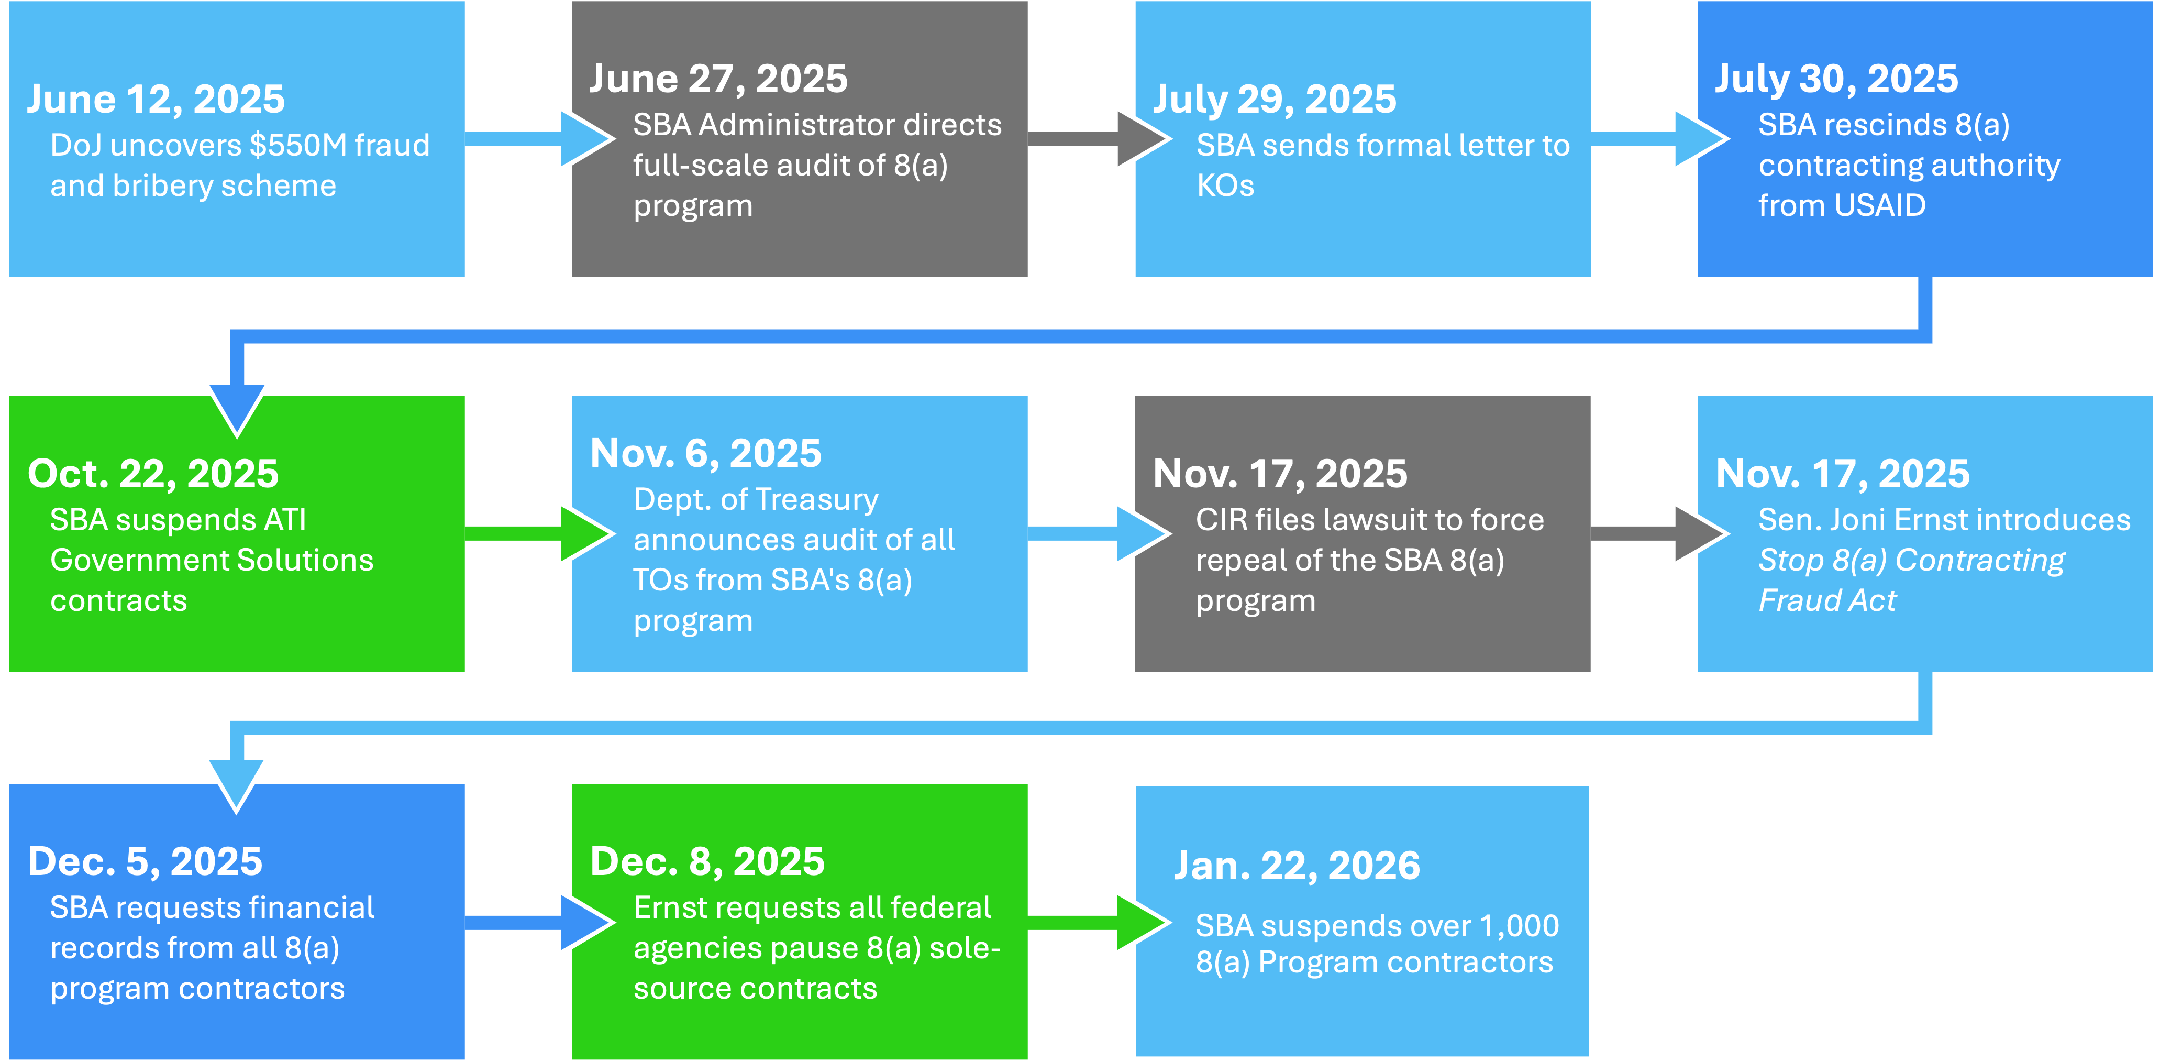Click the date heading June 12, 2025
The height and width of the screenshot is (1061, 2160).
(x=156, y=99)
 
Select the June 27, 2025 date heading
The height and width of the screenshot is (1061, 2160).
(x=718, y=79)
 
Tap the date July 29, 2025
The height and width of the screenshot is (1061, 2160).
(x=1275, y=99)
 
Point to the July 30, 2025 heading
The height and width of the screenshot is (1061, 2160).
(x=1836, y=79)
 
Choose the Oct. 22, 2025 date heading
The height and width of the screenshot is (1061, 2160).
(x=153, y=474)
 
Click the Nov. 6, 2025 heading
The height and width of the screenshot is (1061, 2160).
(x=706, y=454)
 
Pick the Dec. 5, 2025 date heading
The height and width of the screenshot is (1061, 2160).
(x=145, y=861)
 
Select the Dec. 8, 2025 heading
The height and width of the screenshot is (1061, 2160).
(x=707, y=861)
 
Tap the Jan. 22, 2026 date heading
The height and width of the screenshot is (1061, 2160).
(x=1297, y=866)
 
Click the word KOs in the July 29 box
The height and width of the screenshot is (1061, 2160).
(x=1225, y=186)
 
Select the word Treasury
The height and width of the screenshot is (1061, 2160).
(x=828, y=500)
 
